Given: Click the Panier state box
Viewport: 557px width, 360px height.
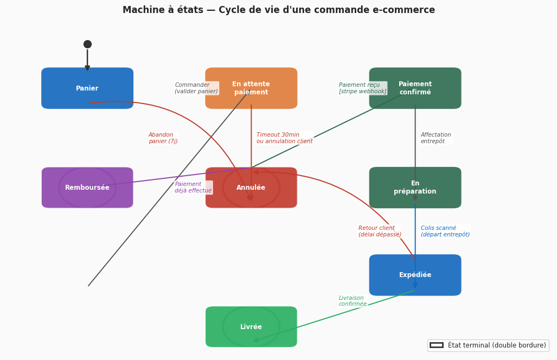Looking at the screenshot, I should point(87,88).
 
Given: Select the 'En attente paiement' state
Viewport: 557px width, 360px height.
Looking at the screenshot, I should point(251,88).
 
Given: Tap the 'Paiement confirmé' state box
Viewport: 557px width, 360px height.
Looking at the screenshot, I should point(415,88).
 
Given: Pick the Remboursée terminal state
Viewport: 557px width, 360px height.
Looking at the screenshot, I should point(87,188).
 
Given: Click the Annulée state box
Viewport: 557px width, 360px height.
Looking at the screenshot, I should point(251,188).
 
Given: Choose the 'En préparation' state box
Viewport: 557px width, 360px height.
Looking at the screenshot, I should point(415,188).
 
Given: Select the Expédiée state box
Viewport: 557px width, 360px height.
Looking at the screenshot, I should point(415,275).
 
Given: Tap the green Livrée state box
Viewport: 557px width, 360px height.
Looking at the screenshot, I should point(251,327).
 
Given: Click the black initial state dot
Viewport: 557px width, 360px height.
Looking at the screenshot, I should point(87,44).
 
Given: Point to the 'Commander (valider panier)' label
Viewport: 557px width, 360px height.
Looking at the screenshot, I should point(196,88).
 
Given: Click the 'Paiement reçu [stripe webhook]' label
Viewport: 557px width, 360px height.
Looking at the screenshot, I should point(362,88).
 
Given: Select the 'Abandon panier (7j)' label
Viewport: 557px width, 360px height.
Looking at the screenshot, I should point(163,138).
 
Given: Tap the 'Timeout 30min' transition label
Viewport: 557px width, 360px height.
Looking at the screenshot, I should point(284,138).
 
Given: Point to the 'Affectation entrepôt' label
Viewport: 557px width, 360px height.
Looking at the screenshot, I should point(436,138).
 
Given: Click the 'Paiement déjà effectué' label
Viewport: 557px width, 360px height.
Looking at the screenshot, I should point(193,188).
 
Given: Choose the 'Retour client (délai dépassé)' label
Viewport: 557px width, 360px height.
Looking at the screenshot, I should point(380,232).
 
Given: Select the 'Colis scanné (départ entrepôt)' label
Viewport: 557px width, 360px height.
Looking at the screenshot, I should point(445,232).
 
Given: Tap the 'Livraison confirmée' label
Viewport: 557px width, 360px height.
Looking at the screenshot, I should point(353,301).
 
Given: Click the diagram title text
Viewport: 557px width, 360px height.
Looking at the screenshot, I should point(279,10).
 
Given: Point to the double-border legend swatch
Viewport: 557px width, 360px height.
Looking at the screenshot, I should point(436,345).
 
